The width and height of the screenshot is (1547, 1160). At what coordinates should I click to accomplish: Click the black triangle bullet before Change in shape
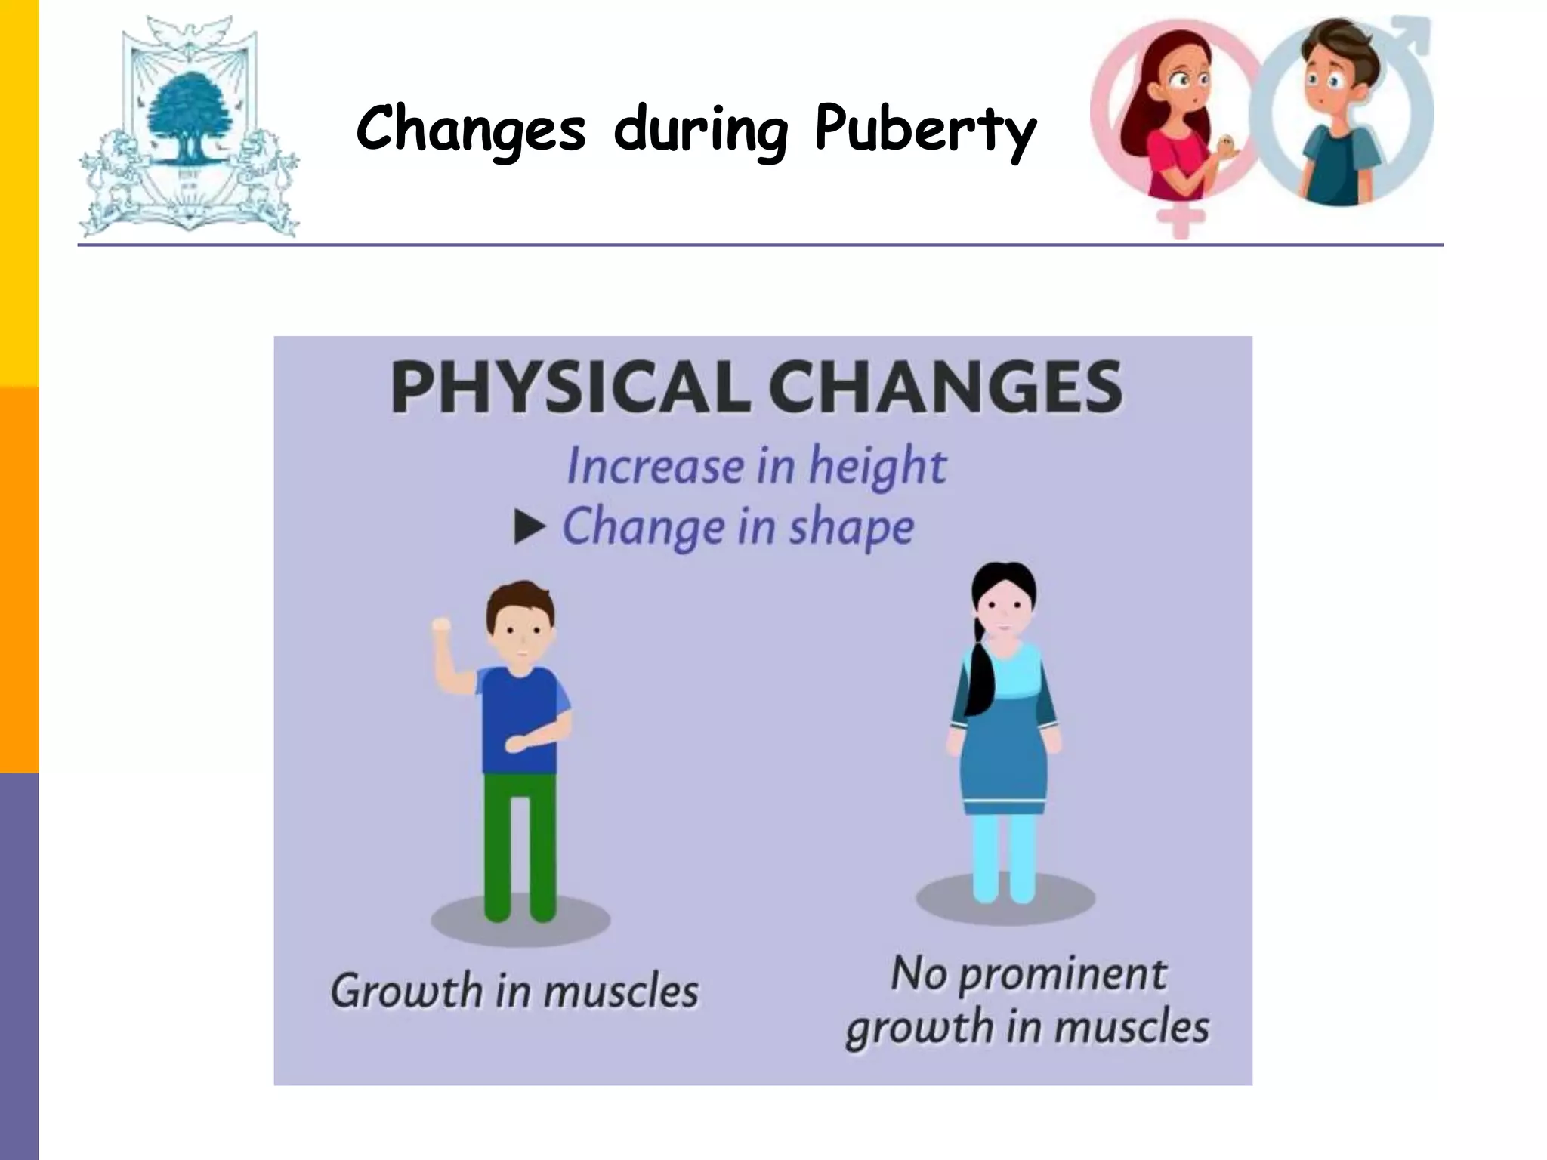[x=529, y=526]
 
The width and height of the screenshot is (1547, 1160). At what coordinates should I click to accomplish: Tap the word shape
[x=851, y=526]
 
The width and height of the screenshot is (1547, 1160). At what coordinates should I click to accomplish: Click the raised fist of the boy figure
[x=440, y=626]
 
